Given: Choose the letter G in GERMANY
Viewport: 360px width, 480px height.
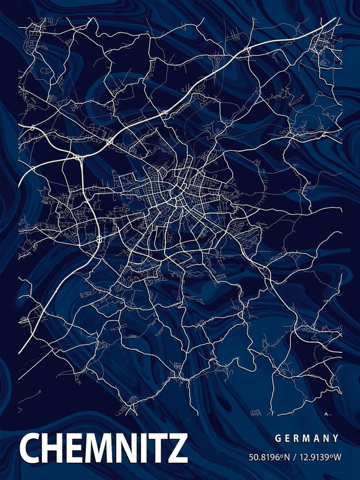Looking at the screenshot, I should (x=278, y=438).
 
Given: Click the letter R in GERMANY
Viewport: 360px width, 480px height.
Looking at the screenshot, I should (x=298, y=438).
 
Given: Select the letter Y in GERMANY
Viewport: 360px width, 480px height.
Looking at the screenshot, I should (x=336, y=438).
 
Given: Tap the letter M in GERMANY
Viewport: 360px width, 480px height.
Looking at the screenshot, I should (x=308, y=438).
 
